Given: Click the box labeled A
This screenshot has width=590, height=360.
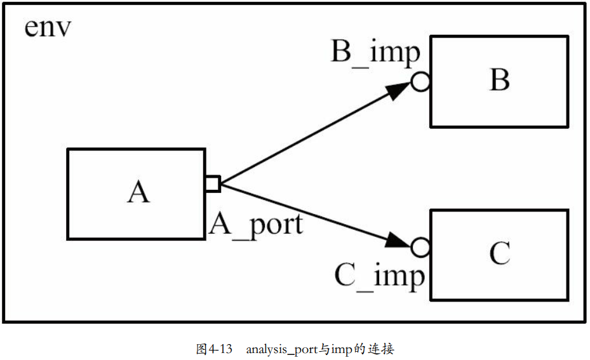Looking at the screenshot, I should (136, 194).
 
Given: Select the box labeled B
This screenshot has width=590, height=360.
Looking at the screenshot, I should (499, 81).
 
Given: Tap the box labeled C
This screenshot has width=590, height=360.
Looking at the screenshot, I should (499, 255).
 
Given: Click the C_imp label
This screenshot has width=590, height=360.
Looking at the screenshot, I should (379, 277).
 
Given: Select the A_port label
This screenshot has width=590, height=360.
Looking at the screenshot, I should (256, 224).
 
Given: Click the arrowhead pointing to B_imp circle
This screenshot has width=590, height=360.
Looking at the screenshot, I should (398, 91).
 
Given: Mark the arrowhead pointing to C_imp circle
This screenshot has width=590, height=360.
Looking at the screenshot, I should (398, 241).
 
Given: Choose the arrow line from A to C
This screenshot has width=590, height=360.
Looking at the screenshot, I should (305, 211).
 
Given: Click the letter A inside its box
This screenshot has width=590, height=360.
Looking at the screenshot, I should (138, 192).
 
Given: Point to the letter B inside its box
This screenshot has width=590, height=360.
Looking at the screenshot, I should (500, 81).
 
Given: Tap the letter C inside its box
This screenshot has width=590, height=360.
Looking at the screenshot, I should (500, 254).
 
